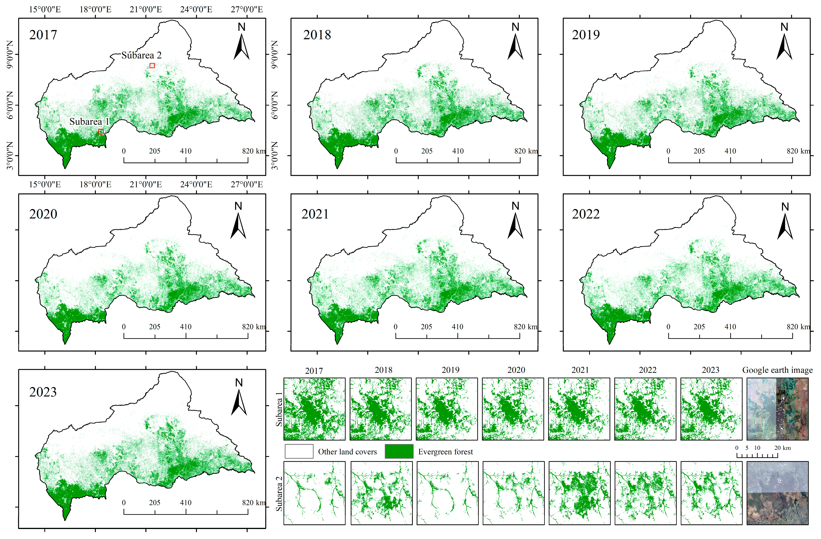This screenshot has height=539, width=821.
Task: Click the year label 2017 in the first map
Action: [43, 35]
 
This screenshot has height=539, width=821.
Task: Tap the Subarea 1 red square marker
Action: [101, 132]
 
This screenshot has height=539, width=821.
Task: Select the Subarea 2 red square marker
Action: [152, 66]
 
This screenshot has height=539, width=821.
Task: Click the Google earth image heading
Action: [777, 370]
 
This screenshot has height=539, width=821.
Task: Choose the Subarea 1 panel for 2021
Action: [579, 409]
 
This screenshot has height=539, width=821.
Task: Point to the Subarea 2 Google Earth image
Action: [777, 493]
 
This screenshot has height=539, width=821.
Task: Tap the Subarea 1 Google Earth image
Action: [777, 409]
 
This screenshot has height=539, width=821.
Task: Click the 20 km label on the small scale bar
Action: [782, 448]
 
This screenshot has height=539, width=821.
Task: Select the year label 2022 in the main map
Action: [586, 214]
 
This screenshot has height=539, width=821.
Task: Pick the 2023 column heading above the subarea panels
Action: [710, 370]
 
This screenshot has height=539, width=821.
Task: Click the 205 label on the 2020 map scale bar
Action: [155, 327]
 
